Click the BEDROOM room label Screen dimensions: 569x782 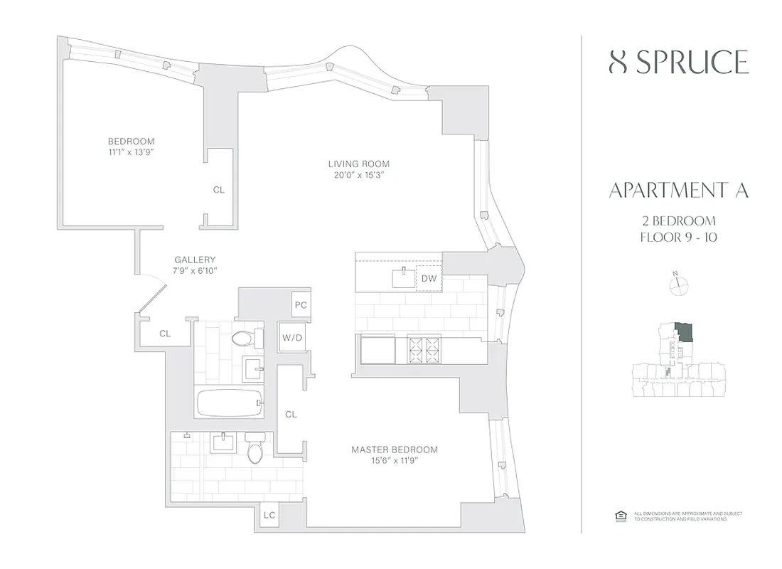point(131,142)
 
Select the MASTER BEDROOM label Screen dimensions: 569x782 point(395,450)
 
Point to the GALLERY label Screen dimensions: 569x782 point(195,260)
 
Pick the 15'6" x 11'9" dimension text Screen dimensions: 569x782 point(395,460)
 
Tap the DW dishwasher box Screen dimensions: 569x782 point(429,279)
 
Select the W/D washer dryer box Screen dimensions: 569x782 point(291,337)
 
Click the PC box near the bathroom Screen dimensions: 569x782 point(301,304)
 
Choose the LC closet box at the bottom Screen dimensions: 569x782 point(269,515)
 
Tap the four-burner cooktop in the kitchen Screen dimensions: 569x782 point(424,350)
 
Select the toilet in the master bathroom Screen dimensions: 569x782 point(255,449)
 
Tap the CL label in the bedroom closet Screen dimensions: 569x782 point(219,190)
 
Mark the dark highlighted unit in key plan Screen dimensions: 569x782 point(685,331)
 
